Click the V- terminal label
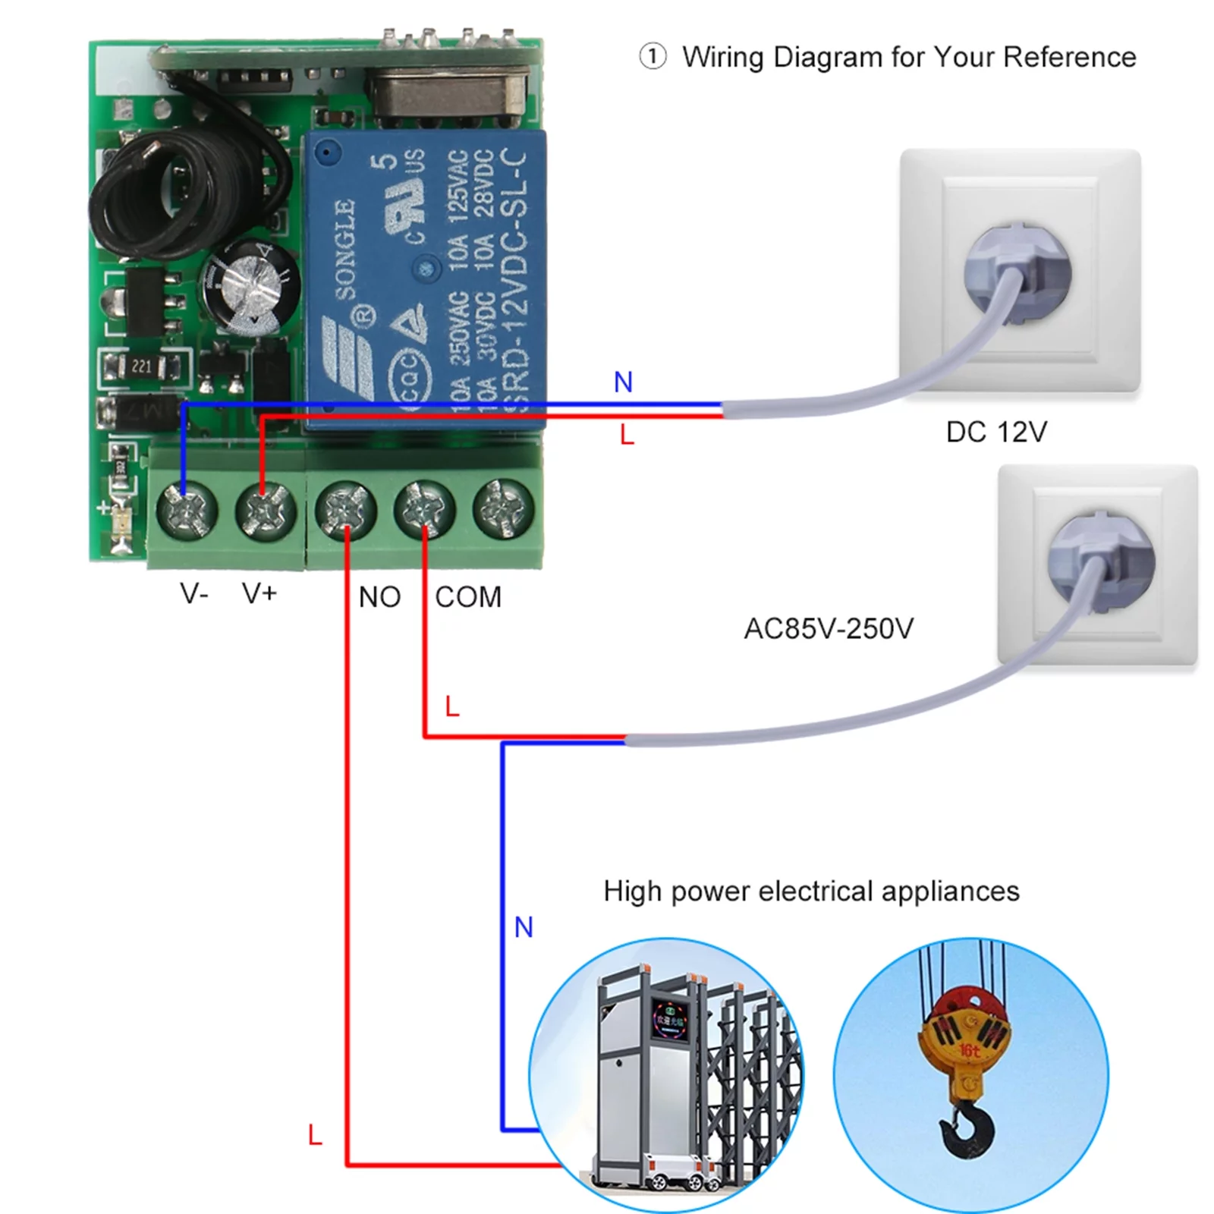pos(193,593)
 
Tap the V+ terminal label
pos(259,593)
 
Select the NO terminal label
pos(379,597)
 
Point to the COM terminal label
pos(468,597)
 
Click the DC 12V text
pos(995,432)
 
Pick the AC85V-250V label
pos(829,629)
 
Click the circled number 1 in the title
pos(653,57)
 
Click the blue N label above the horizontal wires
pos(623,382)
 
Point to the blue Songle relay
pos(425,281)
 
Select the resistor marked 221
pos(142,367)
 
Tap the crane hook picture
pos(970,1076)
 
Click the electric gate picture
pos(666,1076)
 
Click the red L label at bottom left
pos(315,1136)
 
